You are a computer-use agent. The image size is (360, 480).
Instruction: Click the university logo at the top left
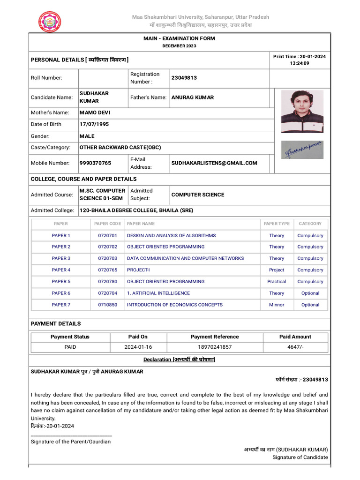click(x=50, y=21)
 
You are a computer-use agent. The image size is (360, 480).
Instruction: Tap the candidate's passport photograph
click(x=302, y=112)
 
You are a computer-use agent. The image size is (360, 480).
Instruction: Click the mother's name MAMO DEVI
click(x=95, y=112)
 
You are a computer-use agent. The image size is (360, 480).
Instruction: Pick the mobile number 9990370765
click(x=95, y=163)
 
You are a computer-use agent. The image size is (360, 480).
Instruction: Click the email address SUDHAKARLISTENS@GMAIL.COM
click(x=214, y=163)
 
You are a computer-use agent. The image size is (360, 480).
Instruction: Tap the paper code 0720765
click(x=107, y=270)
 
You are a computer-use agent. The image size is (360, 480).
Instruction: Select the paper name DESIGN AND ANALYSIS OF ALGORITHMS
click(x=171, y=235)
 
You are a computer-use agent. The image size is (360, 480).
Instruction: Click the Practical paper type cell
click(x=277, y=282)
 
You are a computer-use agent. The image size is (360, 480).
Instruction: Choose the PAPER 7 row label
click(x=61, y=305)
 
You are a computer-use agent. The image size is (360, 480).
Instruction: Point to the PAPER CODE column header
click(x=107, y=224)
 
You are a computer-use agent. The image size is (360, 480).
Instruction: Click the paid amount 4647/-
click(x=295, y=347)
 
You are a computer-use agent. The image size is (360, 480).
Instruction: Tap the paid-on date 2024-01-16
click(x=138, y=347)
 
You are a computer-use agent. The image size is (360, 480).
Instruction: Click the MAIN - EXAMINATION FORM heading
click(x=180, y=38)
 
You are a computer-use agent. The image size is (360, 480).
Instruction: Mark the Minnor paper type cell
click(x=277, y=305)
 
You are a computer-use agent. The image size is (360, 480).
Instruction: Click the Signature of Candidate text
click(x=300, y=457)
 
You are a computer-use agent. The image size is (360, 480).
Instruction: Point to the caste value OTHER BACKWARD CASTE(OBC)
click(x=120, y=147)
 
